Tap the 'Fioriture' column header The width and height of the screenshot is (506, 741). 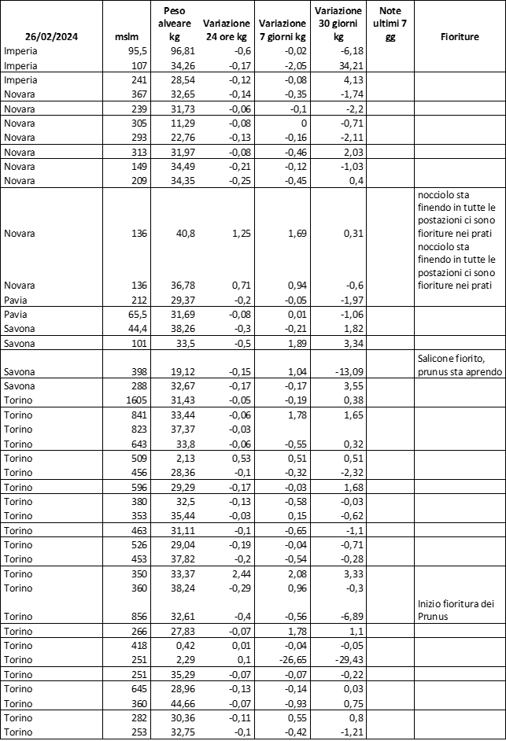(x=460, y=36)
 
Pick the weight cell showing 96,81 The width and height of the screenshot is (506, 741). (x=182, y=50)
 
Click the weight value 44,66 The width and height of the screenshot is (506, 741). (x=182, y=702)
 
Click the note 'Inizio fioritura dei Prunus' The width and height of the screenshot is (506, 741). (x=456, y=610)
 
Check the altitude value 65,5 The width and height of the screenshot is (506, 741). (x=128, y=315)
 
